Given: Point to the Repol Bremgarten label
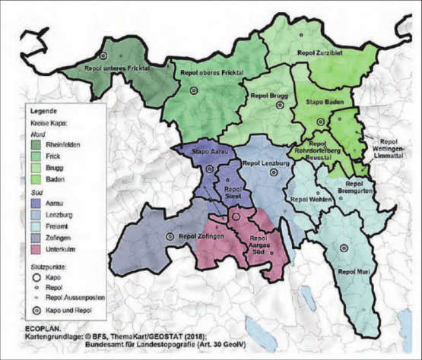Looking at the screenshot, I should pyautogui.click(x=355, y=188).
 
